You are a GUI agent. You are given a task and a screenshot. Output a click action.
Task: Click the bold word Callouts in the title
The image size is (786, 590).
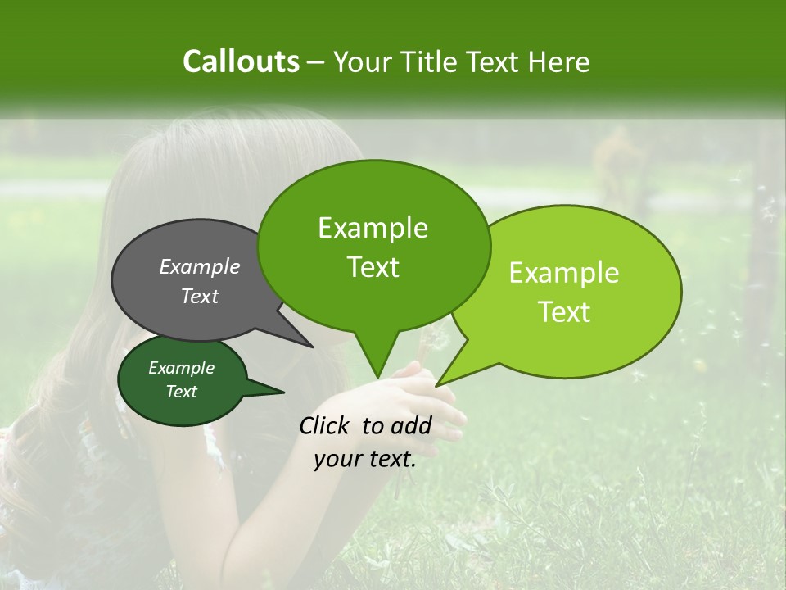tap(241, 61)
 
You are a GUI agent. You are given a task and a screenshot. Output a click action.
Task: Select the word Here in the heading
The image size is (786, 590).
tap(559, 61)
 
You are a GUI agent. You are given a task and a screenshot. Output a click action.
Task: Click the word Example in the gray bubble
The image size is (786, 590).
tap(200, 266)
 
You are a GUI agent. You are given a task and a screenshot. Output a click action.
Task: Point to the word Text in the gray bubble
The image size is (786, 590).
tap(200, 296)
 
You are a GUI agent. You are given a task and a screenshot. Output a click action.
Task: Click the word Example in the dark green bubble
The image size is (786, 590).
tap(181, 368)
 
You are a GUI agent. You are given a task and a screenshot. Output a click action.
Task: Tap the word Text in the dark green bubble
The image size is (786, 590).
tap(181, 392)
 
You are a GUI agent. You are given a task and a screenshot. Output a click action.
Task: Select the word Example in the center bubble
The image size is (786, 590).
tap(373, 228)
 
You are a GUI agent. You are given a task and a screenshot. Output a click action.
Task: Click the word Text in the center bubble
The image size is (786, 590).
tap(373, 267)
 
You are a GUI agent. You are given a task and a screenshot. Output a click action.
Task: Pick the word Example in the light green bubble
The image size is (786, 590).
tap(564, 273)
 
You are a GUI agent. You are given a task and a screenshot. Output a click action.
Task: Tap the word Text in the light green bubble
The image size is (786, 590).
tap(564, 312)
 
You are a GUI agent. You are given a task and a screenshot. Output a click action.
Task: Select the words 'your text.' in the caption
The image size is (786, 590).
tap(364, 459)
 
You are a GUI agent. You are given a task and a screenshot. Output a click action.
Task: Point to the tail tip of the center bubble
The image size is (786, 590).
tap(377, 376)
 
